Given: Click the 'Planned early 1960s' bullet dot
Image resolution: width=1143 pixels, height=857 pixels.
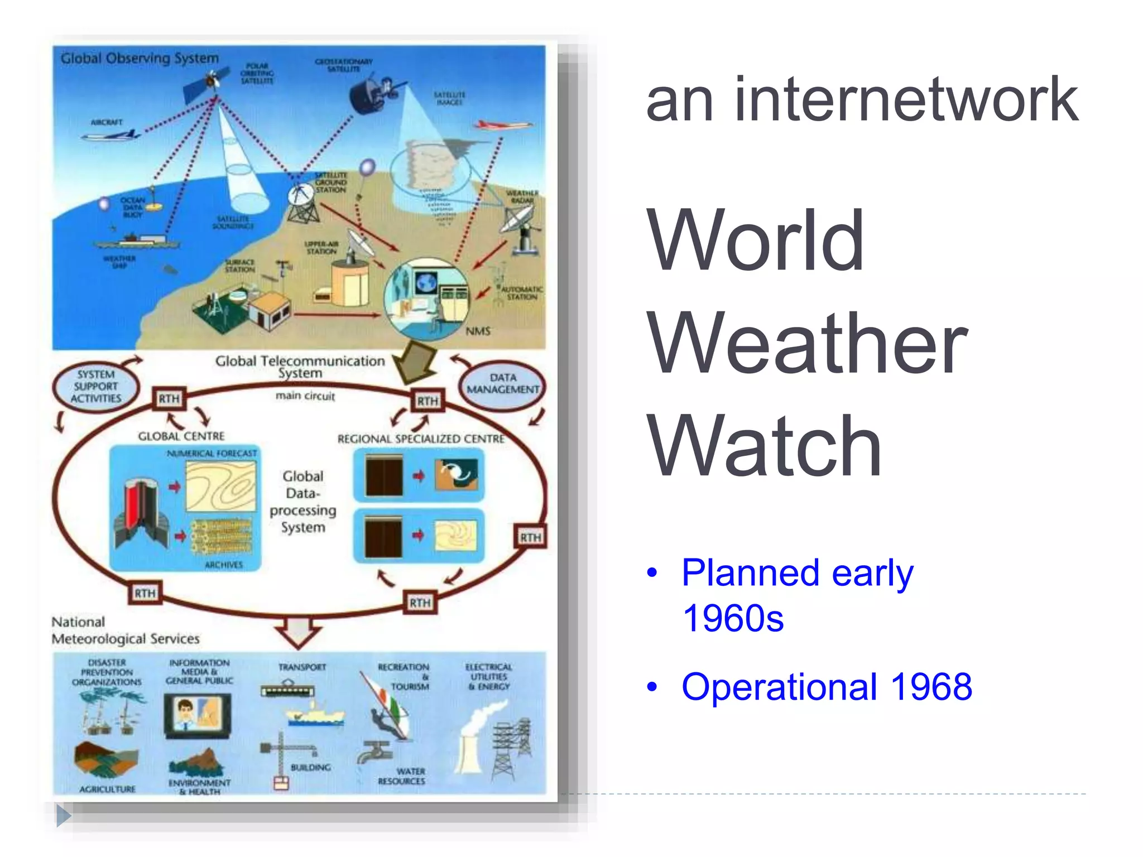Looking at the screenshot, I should pos(651,573).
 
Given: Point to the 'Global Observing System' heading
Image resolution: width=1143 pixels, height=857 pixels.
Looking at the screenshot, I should pos(140,59).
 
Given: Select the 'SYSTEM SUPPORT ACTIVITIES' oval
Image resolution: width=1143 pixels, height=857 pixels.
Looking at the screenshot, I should pos(96,387).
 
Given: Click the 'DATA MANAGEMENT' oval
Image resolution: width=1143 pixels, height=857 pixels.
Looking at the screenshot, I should pos(502,384).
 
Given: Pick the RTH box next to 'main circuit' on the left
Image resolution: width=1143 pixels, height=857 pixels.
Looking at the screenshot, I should pos(169,399).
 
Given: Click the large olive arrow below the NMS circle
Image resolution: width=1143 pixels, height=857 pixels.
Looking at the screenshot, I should pos(416,362).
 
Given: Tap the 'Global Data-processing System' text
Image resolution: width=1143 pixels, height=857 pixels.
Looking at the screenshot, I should pos(302,501).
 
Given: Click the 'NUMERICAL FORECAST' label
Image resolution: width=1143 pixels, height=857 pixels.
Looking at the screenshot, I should pos(212,453).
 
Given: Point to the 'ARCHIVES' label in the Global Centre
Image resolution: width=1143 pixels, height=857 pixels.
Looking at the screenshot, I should pos(223,565).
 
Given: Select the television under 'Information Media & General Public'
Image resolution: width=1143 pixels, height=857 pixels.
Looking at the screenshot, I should pos(196,715).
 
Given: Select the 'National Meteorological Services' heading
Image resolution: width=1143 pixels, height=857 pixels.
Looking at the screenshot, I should pos(125,630).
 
